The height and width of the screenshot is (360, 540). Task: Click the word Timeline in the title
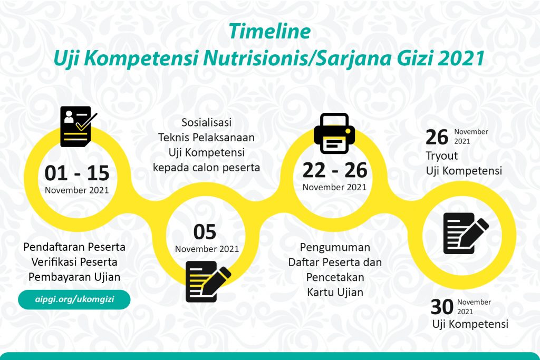pyautogui.click(x=269, y=31)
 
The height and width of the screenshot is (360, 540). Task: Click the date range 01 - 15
pyautogui.click(x=77, y=173)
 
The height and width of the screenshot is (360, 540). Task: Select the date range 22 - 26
pyautogui.click(x=335, y=170)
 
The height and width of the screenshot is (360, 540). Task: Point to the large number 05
pyautogui.click(x=205, y=232)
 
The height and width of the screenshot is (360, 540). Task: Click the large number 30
pyautogui.click(x=442, y=307)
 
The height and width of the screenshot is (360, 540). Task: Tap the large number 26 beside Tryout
pyautogui.click(x=437, y=138)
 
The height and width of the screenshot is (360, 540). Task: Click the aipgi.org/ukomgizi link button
pyautogui.click(x=74, y=299)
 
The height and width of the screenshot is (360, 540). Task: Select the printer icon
pyautogui.click(x=334, y=133)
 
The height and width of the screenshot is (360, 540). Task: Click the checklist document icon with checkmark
pyautogui.click(x=79, y=127)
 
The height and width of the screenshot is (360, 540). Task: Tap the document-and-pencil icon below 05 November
pyautogui.click(x=208, y=281)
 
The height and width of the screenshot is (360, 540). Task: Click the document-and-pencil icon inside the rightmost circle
pyautogui.click(x=466, y=233)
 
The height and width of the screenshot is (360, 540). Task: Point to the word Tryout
pyautogui.click(x=442, y=156)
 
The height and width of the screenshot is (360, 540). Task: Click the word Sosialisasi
pyautogui.click(x=207, y=122)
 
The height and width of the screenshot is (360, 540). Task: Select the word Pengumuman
pyautogui.click(x=335, y=247)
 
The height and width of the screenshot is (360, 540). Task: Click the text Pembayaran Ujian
pyautogui.click(x=74, y=277)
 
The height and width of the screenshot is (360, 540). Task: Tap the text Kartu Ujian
pyautogui.click(x=335, y=292)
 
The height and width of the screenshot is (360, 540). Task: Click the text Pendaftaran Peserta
pyautogui.click(x=74, y=247)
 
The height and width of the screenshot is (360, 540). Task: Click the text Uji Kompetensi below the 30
pyautogui.click(x=470, y=324)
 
